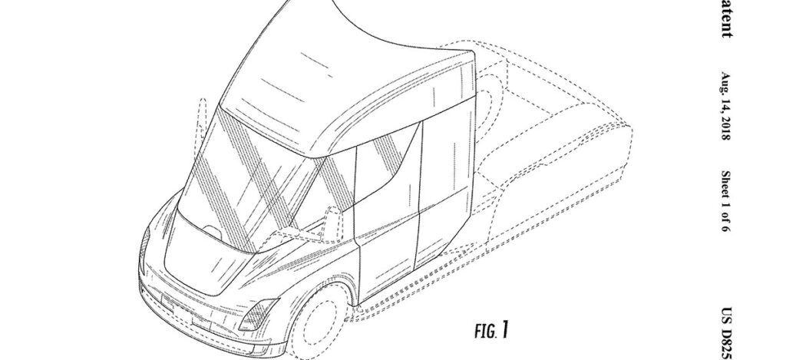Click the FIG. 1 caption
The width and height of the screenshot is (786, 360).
490,332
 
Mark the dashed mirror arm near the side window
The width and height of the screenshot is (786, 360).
330,215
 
